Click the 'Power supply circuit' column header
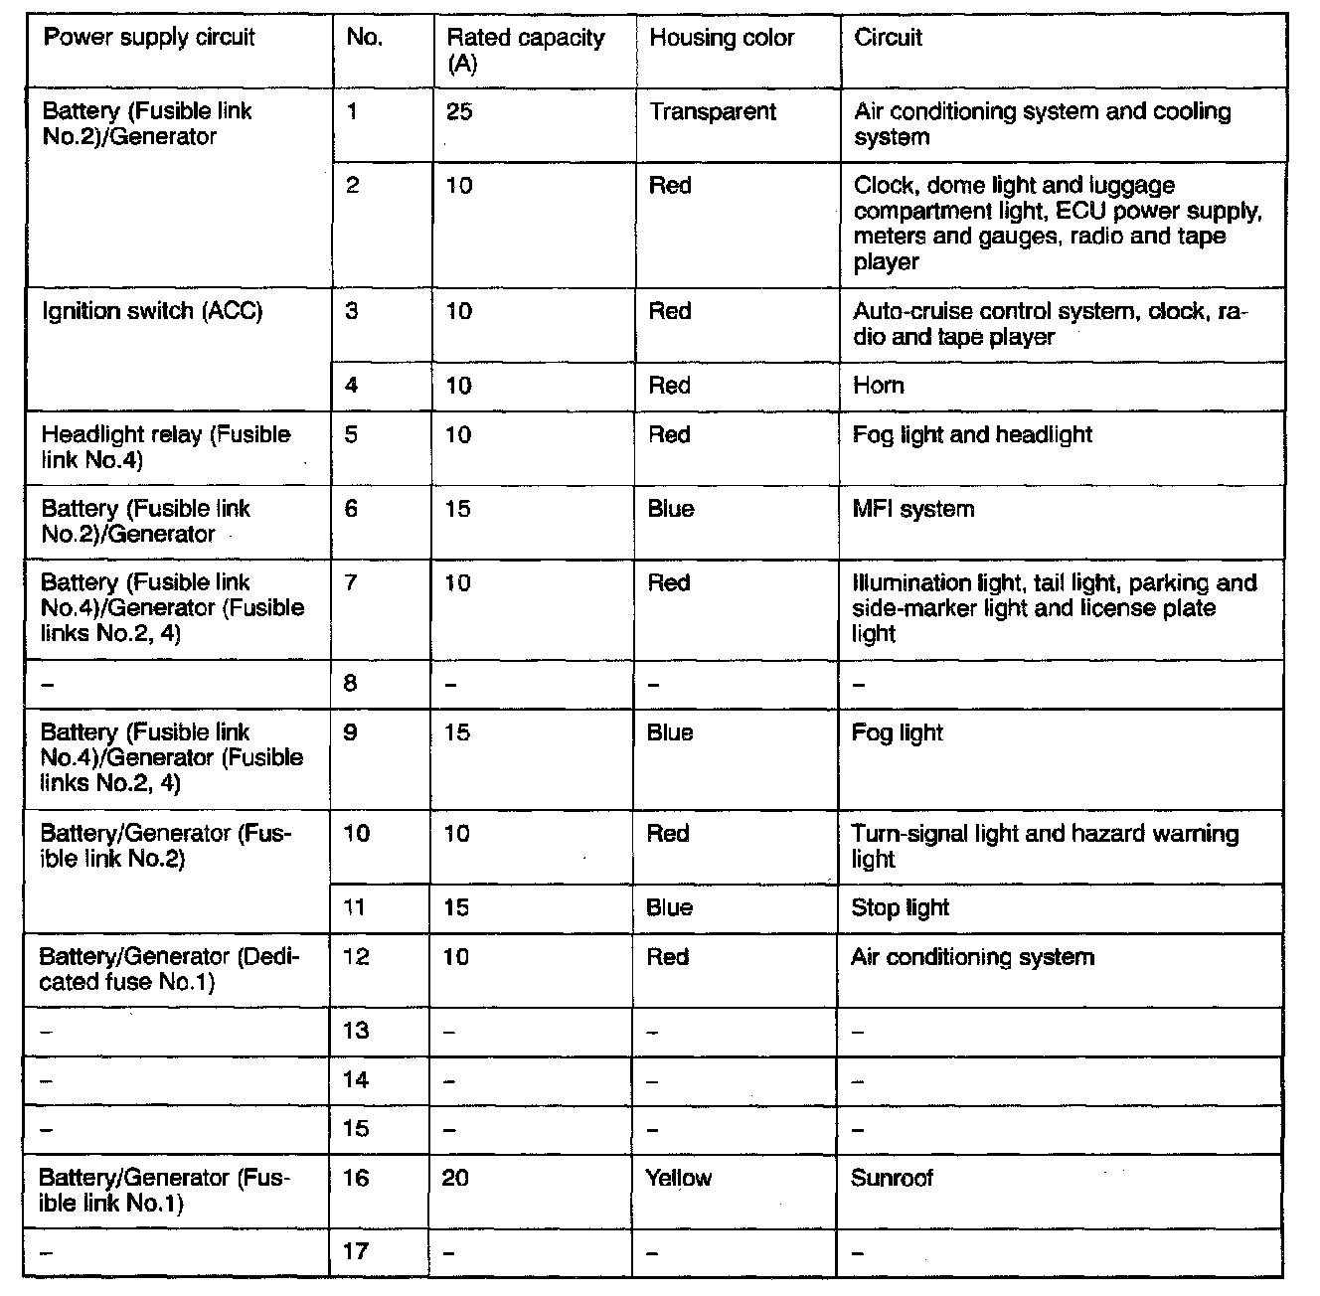pyautogui.click(x=150, y=39)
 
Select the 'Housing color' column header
pyautogui.click(x=722, y=39)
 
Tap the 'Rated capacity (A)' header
pyautogui.click(x=526, y=51)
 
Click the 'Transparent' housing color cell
pyautogui.click(x=713, y=111)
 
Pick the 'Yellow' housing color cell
pyautogui.click(x=679, y=1179)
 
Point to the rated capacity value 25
pyautogui.click(x=459, y=111)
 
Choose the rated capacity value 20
pyautogui.click(x=456, y=1179)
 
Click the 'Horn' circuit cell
pyautogui.click(x=879, y=386)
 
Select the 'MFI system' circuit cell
pyautogui.click(x=913, y=510)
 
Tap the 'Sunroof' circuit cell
pyautogui.click(x=893, y=1179)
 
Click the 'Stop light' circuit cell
pyautogui.click(x=900, y=907)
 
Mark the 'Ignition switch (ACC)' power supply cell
pyautogui.click(x=152, y=312)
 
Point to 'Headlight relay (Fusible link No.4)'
pyautogui.click(x=166, y=447)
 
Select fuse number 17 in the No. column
pyautogui.click(x=356, y=1252)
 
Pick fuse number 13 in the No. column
pyautogui.click(x=356, y=1031)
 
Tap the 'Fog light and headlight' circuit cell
pyautogui.click(x=972, y=435)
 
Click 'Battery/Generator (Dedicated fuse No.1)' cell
pyautogui.click(x=169, y=969)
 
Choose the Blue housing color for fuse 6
pyautogui.click(x=671, y=510)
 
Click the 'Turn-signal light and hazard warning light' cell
pyautogui.click(x=1045, y=846)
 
